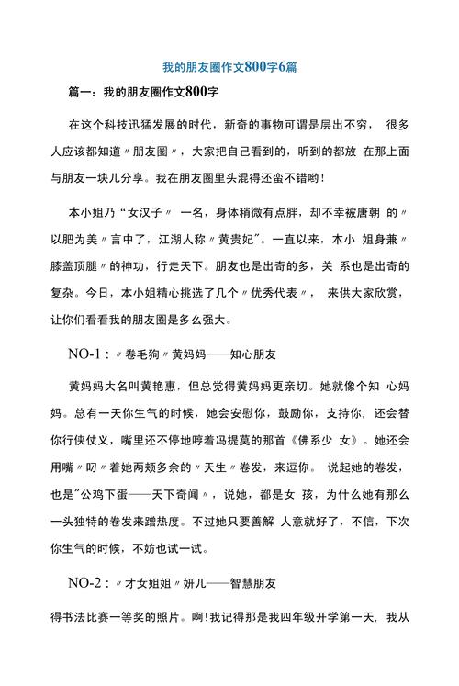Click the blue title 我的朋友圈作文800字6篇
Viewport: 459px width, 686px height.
[229, 67]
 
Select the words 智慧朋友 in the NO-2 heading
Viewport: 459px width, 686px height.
[253, 582]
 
